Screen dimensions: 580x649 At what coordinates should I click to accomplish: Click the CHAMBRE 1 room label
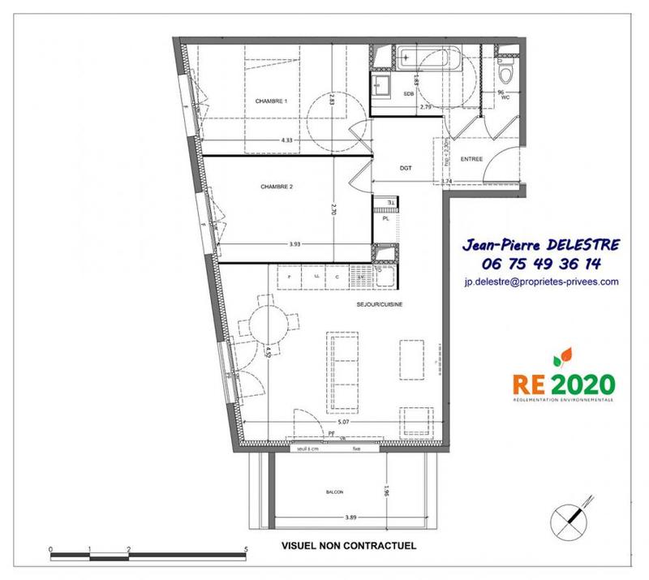[x=271, y=101]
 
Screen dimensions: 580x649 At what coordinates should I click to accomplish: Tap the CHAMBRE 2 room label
[x=276, y=187]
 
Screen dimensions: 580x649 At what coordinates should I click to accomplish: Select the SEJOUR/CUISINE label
[x=380, y=304]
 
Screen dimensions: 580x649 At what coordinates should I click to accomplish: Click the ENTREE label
[x=471, y=159]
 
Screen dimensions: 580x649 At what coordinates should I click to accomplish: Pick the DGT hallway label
[x=406, y=169]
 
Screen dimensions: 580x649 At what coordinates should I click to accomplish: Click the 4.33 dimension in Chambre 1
[x=286, y=141]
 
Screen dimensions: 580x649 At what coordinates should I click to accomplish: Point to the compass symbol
[x=572, y=516]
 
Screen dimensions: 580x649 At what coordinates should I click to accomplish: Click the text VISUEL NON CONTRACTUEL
[x=348, y=546]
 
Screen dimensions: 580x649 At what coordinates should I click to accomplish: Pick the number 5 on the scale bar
[x=246, y=549]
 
